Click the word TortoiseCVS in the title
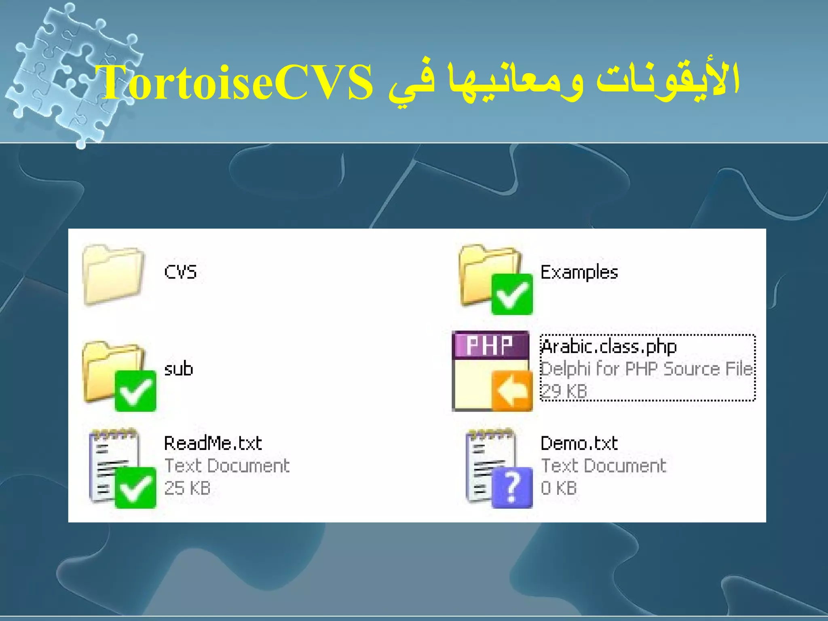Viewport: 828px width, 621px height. pyautogui.click(x=237, y=83)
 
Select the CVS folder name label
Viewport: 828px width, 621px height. pyautogui.click(x=180, y=272)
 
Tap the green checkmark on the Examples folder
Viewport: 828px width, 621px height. pyautogui.click(x=511, y=294)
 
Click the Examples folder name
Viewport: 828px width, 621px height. pyautogui.click(x=579, y=272)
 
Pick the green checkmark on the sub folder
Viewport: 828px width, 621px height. pyautogui.click(x=135, y=391)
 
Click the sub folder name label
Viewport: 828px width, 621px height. pyautogui.click(x=178, y=369)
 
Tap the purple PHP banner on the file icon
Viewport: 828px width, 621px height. pyautogui.click(x=490, y=345)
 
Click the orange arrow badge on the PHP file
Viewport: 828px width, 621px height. pyautogui.click(x=511, y=391)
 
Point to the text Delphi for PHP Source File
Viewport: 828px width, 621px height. pyautogui.click(x=646, y=369)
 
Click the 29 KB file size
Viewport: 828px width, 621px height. pyautogui.click(x=564, y=391)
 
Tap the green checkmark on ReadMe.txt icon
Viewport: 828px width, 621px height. pyautogui.click(x=135, y=488)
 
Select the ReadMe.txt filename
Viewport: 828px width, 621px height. pyautogui.click(x=213, y=444)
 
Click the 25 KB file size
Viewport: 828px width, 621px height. pyautogui.click(x=187, y=488)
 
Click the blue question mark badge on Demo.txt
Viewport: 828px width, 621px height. pyautogui.click(x=511, y=488)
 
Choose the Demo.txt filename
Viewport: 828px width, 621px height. pyautogui.click(x=579, y=444)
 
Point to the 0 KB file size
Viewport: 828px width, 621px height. pyautogui.click(x=559, y=488)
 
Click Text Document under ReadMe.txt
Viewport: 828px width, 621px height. pyautogui.click(x=227, y=466)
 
